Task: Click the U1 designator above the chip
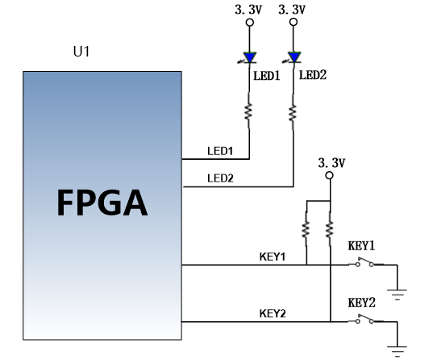pyautogui.click(x=81, y=52)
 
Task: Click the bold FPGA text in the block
pyautogui.click(x=102, y=203)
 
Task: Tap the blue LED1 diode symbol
pyautogui.click(x=249, y=58)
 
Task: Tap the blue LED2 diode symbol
pyautogui.click(x=293, y=57)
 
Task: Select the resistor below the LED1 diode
pyautogui.click(x=248, y=111)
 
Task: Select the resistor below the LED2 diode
pyautogui.click(x=293, y=112)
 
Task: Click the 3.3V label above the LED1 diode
pyautogui.click(x=248, y=10)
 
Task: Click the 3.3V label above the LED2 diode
pyautogui.click(x=292, y=10)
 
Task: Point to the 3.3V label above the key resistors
pyautogui.click(x=331, y=163)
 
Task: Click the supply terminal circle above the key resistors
pyautogui.click(x=330, y=175)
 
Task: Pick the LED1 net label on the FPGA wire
pyautogui.click(x=220, y=151)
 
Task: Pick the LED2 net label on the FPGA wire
pyautogui.click(x=220, y=178)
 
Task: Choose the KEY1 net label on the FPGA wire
pyautogui.click(x=273, y=257)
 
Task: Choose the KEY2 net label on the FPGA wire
pyautogui.click(x=273, y=314)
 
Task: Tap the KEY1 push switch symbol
pyautogui.click(x=365, y=262)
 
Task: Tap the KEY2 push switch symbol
pyautogui.click(x=365, y=320)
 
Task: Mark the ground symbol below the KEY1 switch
pyautogui.click(x=397, y=295)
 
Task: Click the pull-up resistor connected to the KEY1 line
pyautogui.click(x=306, y=229)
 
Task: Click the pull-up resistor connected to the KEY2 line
pyautogui.click(x=330, y=229)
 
